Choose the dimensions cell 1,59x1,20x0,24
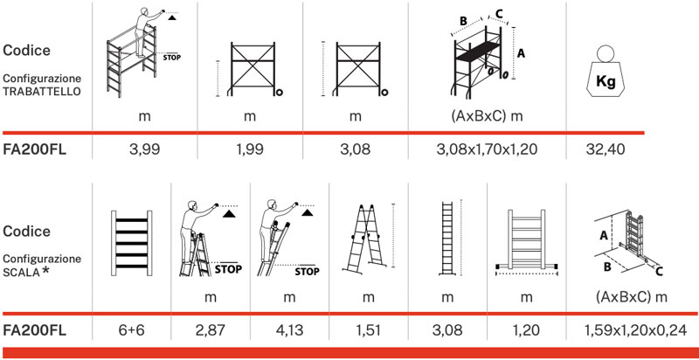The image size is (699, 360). click(x=630, y=331)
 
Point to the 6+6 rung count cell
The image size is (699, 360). click(x=130, y=331)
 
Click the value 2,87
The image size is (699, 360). click(x=210, y=331)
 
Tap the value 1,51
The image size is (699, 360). click(x=368, y=331)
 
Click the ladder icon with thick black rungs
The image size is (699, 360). click(x=129, y=239)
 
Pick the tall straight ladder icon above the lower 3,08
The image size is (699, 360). click(x=446, y=237)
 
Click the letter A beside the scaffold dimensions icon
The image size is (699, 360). click(x=521, y=53)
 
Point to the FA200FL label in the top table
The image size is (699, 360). click(x=36, y=150)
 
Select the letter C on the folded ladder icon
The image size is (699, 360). click(x=659, y=272)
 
